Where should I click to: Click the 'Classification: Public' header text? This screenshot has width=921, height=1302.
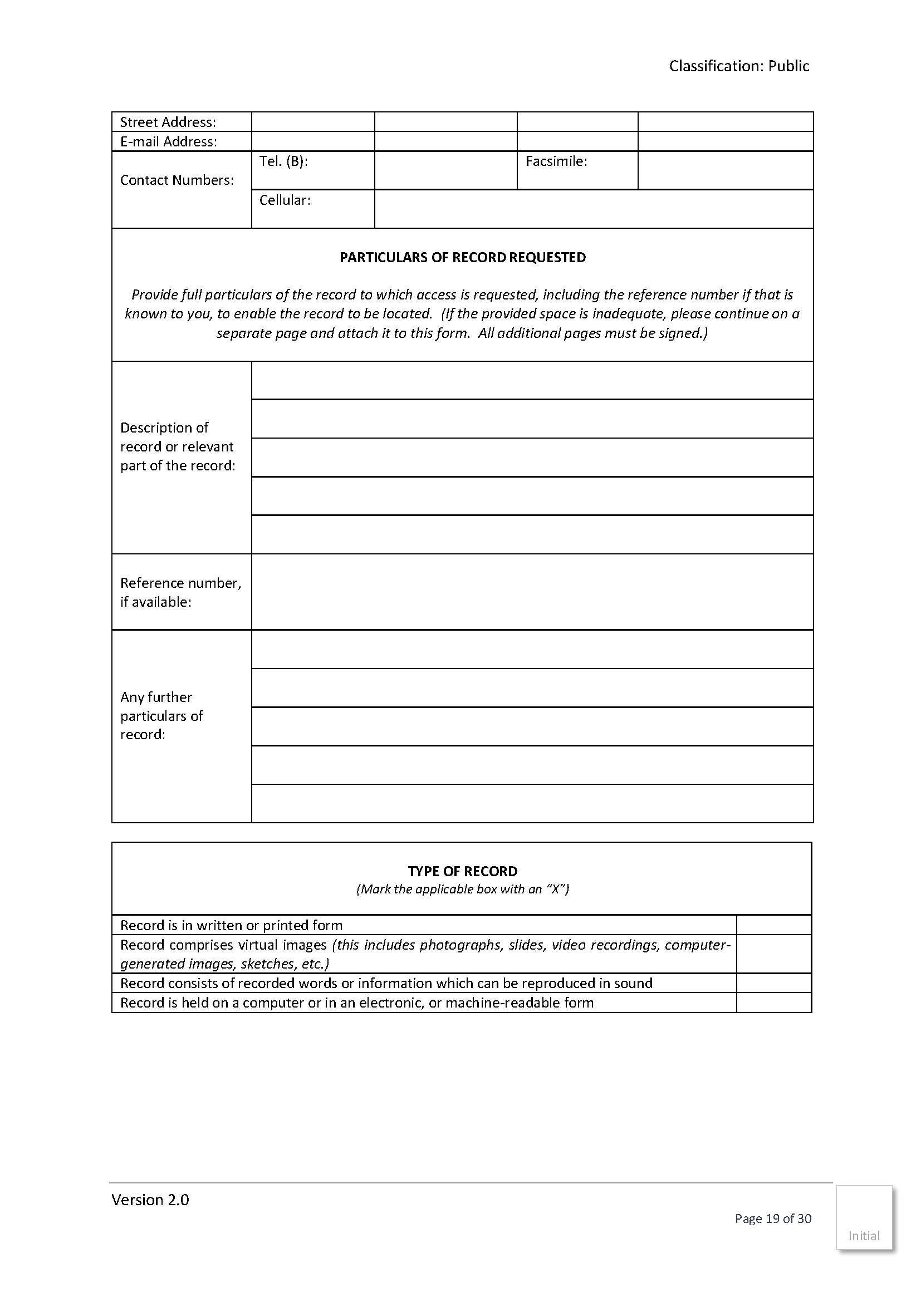click(x=738, y=66)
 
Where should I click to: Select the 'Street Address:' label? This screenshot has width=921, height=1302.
click(x=168, y=122)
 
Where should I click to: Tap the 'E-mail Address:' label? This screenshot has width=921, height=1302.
click(x=168, y=141)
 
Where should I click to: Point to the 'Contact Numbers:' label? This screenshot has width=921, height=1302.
click(x=177, y=180)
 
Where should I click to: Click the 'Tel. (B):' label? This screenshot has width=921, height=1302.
click(x=283, y=161)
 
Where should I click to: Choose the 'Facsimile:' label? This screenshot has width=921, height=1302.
click(x=556, y=161)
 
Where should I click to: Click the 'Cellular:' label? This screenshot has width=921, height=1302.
click(x=285, y=200)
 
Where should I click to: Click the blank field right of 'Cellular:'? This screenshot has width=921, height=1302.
click(x=593, y=209)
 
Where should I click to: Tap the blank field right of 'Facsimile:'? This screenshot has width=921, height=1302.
click(x=725, y=170)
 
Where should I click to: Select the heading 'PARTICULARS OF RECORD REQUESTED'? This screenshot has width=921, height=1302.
click(x=462, y=258)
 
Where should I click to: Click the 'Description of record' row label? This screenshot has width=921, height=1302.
click(x=177, y=447)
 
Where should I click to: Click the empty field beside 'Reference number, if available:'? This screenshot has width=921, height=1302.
click(x=532, y=592)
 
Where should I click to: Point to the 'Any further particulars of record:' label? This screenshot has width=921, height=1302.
click(x=161, y=716)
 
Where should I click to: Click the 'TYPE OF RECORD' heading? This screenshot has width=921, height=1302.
click(x=462, y=871)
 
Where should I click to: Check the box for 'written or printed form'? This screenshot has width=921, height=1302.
click(x=773, y=925)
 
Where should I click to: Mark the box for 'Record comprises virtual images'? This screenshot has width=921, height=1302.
click(x=773, y=954)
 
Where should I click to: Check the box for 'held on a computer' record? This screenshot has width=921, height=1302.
click(x=773, y=1003)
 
